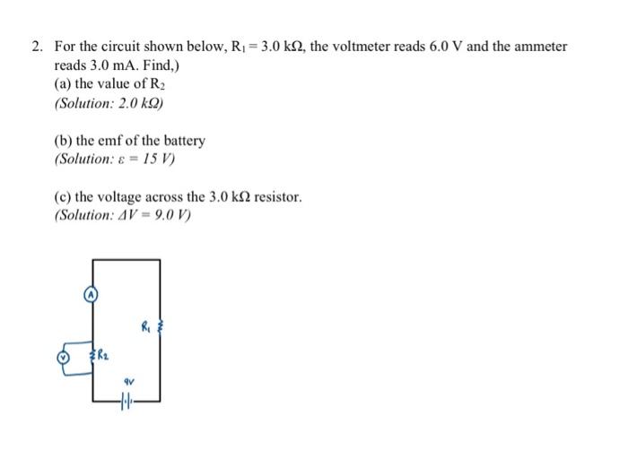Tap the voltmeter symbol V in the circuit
click(63, 356)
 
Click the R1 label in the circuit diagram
click(145, 327)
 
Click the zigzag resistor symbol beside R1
click(161, 329)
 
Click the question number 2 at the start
click(38, 46)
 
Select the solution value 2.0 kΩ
click(144, 103)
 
